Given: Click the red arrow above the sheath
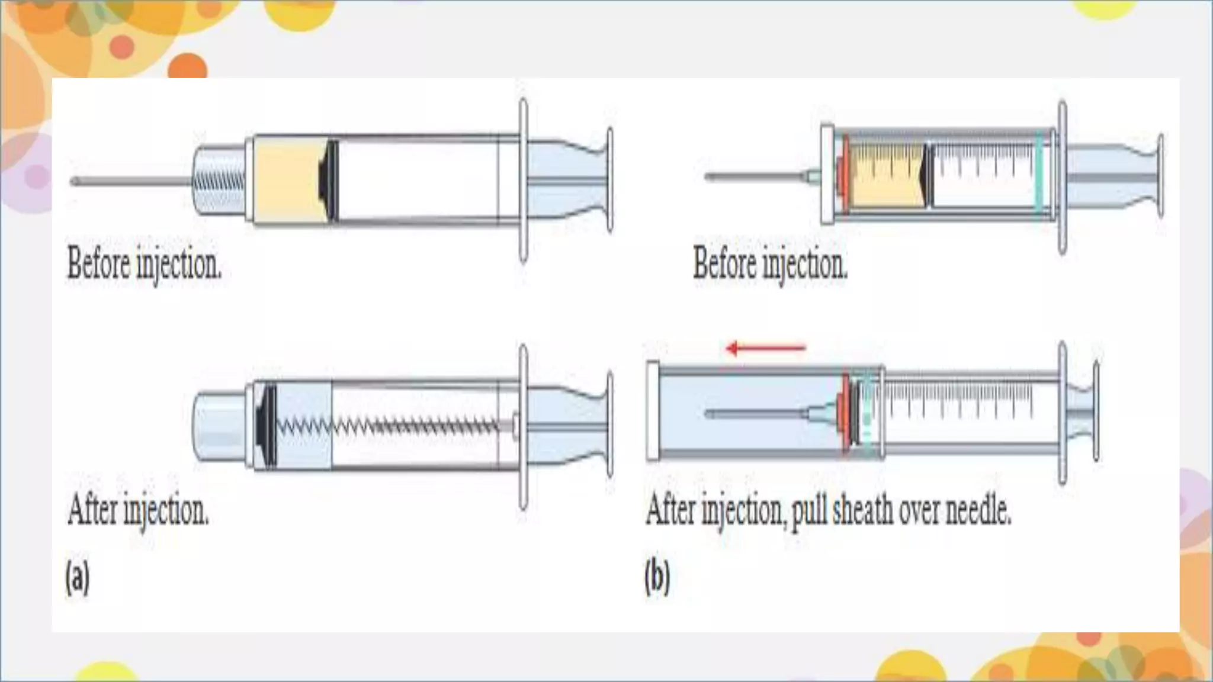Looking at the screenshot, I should [x=766, y=348].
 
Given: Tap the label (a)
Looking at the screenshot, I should [x=78, y=577].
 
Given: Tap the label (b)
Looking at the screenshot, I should [x=657, y=577].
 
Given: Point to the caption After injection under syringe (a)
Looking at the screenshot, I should [x=139, y=510].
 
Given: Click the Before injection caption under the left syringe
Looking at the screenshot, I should [x=145, y=264].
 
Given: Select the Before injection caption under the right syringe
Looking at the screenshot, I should [x=770, y=264].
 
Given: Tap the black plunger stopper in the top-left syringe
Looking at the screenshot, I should [x=329, y=180].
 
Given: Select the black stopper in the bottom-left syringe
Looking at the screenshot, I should [x=267, y=425].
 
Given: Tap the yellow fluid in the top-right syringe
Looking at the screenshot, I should [x=885, y=176].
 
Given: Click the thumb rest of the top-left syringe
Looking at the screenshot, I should [x=609, y=180].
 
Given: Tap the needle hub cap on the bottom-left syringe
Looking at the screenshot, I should [x=219, y=425].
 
